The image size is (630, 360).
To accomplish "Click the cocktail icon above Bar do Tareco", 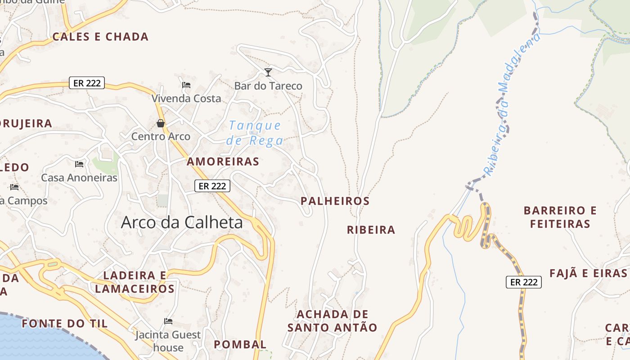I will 268,72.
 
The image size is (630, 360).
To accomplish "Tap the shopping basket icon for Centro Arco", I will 161,123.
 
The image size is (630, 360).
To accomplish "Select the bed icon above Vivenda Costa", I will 186,85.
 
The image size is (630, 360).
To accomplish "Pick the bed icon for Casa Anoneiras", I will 79,164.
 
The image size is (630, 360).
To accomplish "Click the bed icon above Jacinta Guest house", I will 168,321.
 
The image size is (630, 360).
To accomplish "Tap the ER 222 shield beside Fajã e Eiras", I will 523,282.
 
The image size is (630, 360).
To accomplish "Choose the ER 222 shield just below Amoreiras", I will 212,186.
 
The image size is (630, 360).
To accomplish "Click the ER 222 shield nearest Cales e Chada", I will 87,83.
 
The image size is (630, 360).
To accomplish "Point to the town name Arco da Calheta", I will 182,222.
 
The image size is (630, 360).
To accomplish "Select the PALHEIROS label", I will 335,201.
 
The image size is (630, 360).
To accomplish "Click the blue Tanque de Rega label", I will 255,133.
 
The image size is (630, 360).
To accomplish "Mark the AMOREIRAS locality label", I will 223,162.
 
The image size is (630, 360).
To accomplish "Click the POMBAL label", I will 240,345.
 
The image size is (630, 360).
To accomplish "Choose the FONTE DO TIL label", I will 65,324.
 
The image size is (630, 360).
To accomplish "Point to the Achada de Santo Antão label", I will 332,321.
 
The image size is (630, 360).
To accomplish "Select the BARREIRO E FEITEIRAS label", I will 560,217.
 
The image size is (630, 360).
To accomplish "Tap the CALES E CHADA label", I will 100,37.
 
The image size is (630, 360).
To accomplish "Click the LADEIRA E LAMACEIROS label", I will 135,282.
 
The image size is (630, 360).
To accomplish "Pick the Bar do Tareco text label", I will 268,85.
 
